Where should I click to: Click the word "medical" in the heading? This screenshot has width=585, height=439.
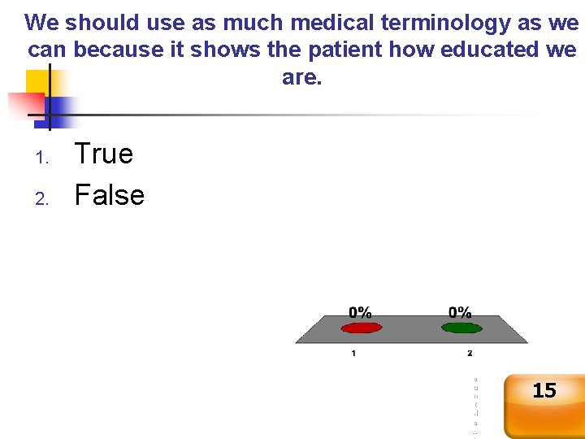click(x=314, y=22)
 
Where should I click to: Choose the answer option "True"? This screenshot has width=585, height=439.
click(x=104, y=154)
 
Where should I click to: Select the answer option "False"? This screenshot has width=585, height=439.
click(x=109, y=195)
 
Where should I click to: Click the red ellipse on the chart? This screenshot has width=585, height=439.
click(x=361, y=328)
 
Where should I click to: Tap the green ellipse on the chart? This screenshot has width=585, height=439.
click(x=461, y=328)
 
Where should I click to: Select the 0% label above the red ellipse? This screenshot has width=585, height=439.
click(x=361, y=312)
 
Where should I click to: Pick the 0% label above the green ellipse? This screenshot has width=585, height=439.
click(x=461, y=312)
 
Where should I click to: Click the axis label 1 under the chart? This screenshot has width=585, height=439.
click(x=353, y=353)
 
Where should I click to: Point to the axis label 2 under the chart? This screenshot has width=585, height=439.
click(x=470, y=353)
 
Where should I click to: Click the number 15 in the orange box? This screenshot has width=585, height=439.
click(x=544, y=391)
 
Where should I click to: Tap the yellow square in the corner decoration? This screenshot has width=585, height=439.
click(x=37, y=82)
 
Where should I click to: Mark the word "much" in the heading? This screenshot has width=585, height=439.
click(x=235, y=22)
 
